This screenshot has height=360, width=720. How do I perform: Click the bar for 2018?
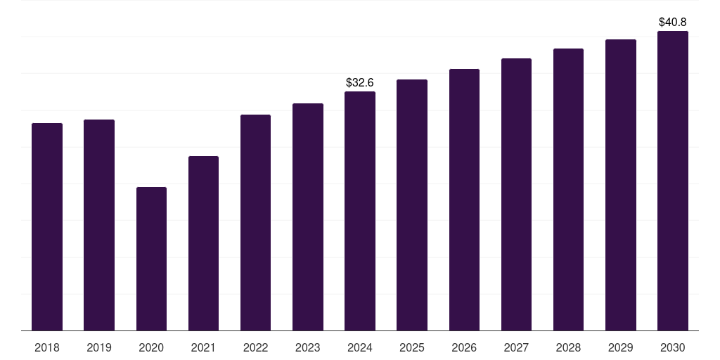[x=47, y=226]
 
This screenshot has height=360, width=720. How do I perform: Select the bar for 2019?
[x=99, y=225]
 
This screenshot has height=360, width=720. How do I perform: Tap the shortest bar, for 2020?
[x=151, y=259]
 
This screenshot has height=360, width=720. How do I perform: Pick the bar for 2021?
[x=203, y=243]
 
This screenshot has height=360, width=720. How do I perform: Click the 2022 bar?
[x=255, y=222]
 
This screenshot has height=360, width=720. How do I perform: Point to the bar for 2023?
[x=308, y=217]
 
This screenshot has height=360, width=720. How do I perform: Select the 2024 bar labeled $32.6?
[x=360, y=211]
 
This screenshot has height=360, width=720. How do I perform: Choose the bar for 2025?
[x=412, y=205]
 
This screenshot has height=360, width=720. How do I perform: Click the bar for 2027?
[x=516, y=194]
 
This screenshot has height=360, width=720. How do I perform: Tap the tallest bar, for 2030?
[x=673, y=181]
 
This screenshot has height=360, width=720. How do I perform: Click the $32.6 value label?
[x=360, y=83]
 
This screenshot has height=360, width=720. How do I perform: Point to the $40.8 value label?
[x=673, y=22]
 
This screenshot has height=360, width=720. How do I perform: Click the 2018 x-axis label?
[x=47, y=347]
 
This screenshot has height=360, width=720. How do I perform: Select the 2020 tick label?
[x=151, y=347]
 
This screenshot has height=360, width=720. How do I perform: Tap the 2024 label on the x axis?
[x=360, y=347]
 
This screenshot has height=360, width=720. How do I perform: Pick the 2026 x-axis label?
[x=464, y=347]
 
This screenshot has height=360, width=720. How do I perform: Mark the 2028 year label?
[x=568, y=347]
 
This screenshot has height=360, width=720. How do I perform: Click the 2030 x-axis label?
[x=673, y=347]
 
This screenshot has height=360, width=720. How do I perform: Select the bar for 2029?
[x=621, y=185]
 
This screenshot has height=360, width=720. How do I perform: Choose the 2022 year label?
[x=255, y=347]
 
